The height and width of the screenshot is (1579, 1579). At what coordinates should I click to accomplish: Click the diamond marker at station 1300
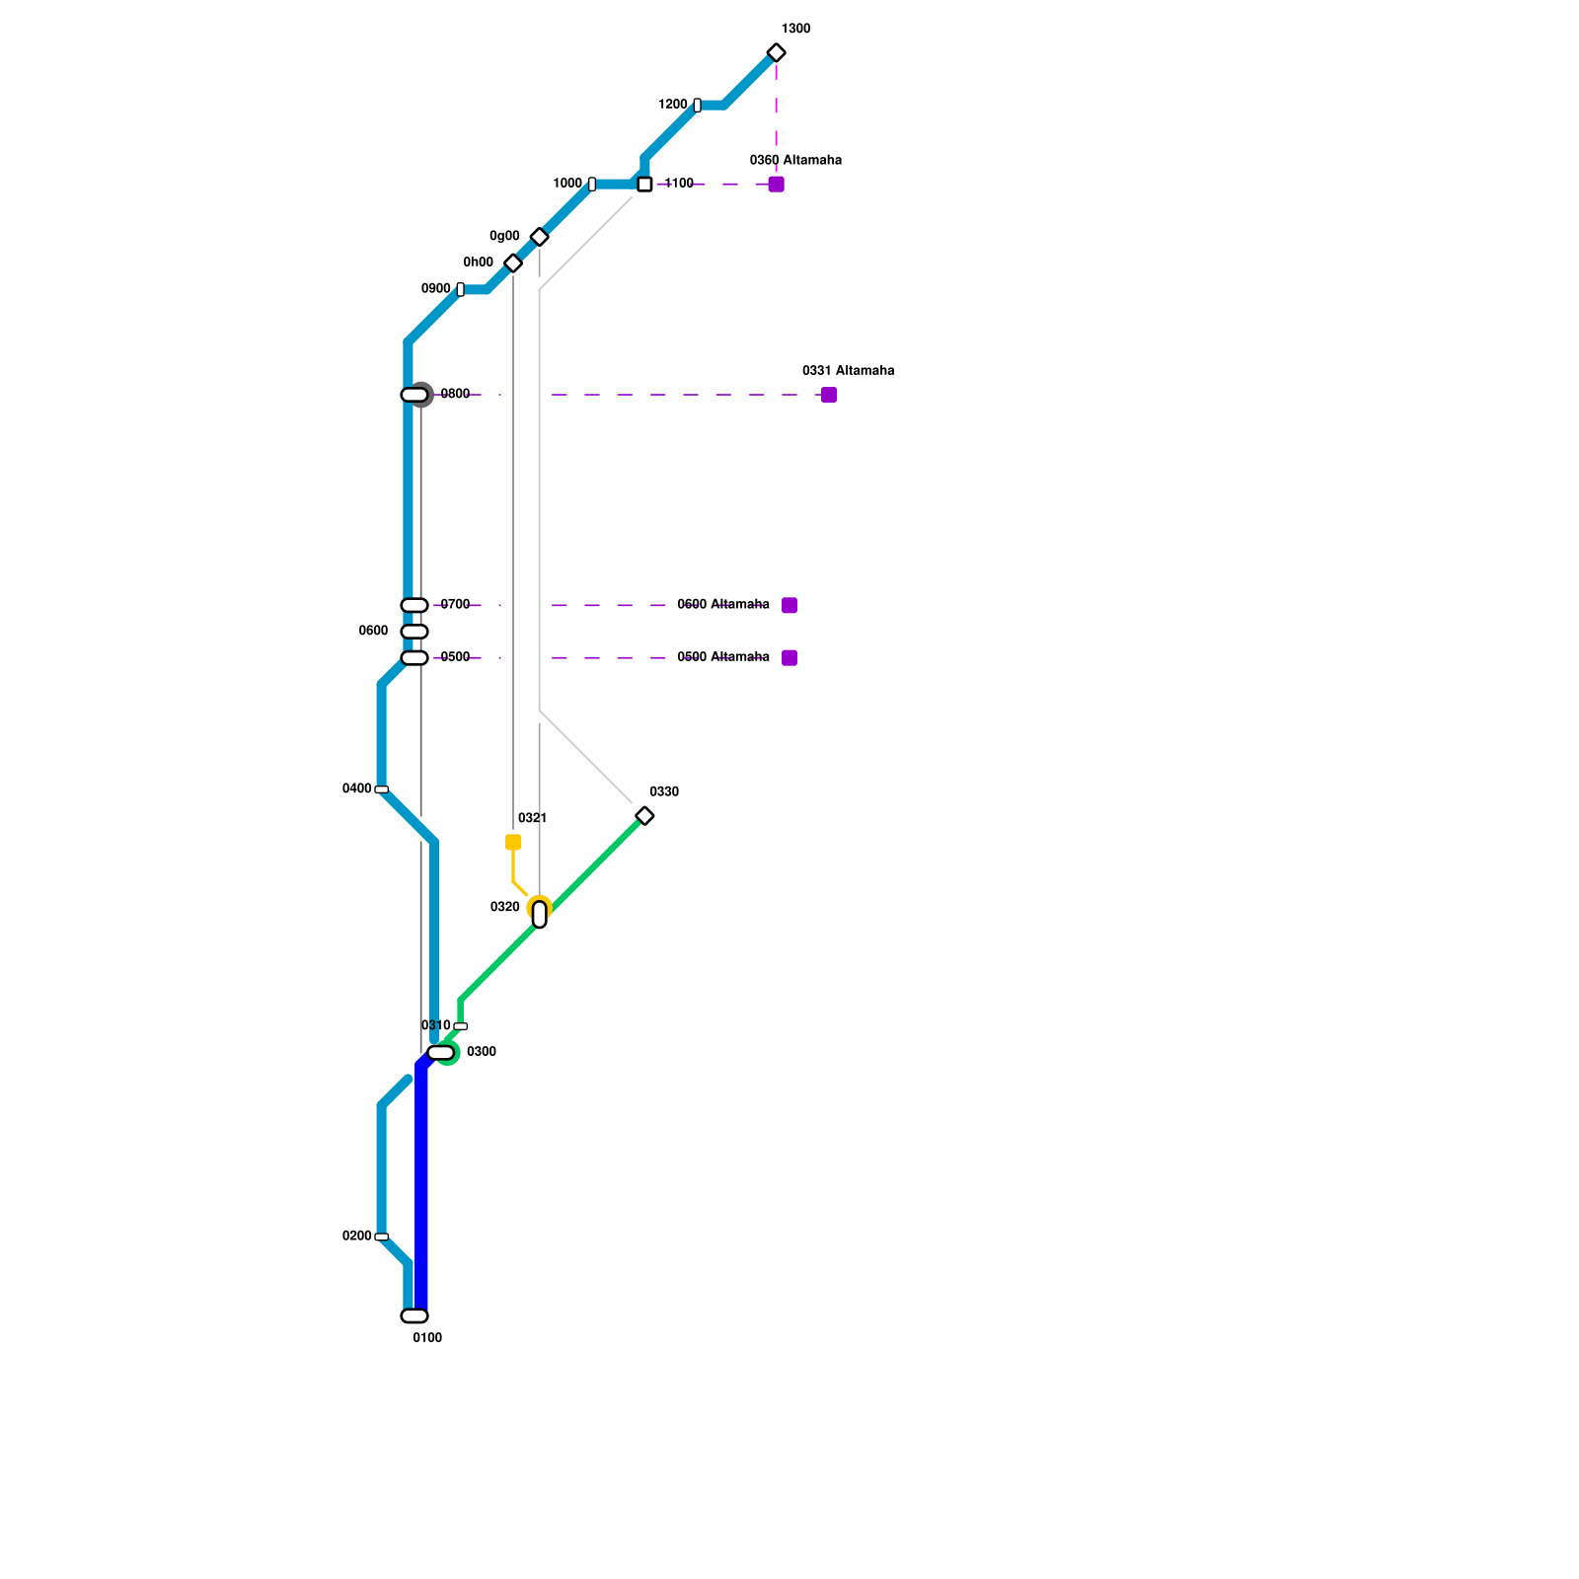(x=776, y=53)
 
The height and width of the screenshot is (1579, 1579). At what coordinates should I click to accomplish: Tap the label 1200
(x=672, y=105)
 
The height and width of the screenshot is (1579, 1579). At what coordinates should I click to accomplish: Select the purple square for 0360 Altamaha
(x=776, y=185)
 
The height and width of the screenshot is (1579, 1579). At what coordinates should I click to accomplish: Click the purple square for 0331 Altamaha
(x=829, y=395)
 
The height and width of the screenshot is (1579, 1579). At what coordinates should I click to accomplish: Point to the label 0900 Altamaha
(x=722, y=605)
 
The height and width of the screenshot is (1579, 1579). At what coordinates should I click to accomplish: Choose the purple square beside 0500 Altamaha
(x=789, y=658)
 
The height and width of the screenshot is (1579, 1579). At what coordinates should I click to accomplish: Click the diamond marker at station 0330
(x=644, y=816)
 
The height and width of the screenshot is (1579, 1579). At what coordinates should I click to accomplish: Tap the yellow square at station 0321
(x=513, y=842)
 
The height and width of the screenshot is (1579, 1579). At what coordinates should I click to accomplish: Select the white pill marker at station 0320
(x=539, y=915)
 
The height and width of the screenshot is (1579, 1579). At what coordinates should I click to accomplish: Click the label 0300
(x=482, y=1052)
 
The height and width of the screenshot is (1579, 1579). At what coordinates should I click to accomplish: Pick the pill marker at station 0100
(x=414, y=1316)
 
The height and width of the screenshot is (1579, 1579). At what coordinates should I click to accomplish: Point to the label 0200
(x=356, y=1237)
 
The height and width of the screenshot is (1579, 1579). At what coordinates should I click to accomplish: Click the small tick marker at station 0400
(x=381, y=789)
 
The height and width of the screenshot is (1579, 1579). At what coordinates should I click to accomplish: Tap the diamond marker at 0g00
(x=539, y=237)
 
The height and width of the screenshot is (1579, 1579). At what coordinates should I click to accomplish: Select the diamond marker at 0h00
(x=513, y=263)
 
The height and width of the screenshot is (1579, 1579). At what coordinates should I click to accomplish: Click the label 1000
(x=567, y=184)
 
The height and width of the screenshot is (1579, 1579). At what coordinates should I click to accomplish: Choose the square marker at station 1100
(x=644, y=185)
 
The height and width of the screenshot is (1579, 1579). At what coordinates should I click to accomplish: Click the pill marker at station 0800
(x=414, y=395)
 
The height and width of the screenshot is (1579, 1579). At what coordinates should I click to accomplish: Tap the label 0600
(x=373, y=632)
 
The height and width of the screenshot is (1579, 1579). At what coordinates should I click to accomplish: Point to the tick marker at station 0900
(x=461, y=289)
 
